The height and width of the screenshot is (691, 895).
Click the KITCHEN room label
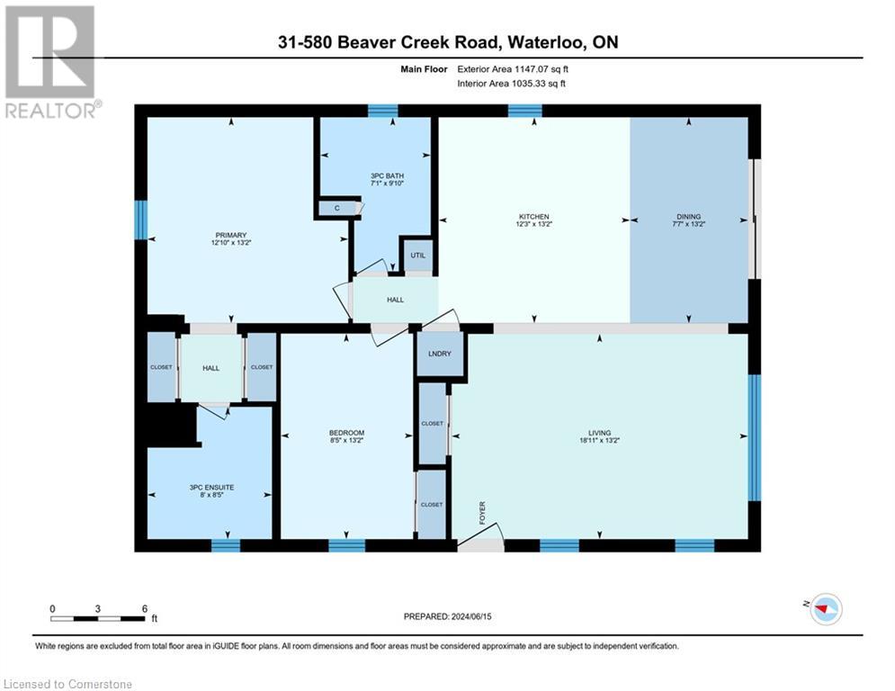point(533,217)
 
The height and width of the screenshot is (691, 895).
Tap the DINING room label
point(688,217)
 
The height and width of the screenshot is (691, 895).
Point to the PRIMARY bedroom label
point(230,236)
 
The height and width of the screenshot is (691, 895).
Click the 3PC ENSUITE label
point(209,487)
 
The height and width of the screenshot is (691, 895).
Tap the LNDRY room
point(440,354)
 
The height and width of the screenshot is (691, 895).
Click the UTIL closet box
point(417,256)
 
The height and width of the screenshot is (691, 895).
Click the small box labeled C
point(337,209)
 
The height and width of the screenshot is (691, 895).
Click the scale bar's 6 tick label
point(144,608)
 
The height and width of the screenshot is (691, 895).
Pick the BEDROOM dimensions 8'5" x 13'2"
point(346,441)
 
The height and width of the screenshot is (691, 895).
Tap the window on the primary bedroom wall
point(140,220)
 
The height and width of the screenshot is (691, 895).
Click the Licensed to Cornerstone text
point(68,684)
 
